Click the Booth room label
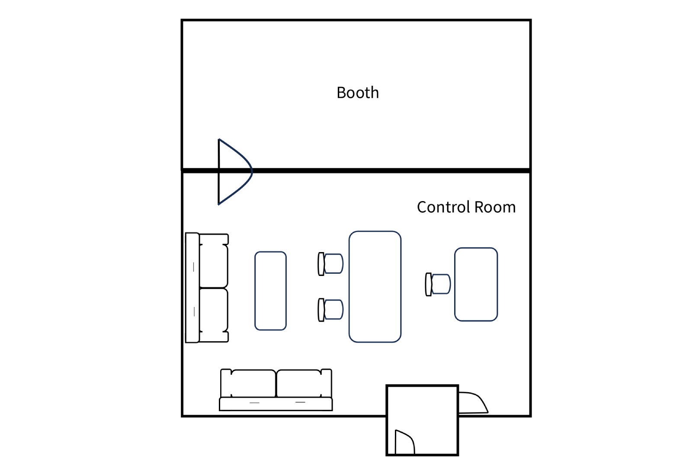pyautogui.click(x=358, y=93)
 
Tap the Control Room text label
pyautogui.click(x=466, y=207)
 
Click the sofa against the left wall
pyautogui.click(x=207, y=288)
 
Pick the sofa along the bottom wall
pyautogui.click(x=276, y=390)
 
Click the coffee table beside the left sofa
pyautogui.click(x=270, y=291)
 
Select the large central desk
pyautogui.click(x=375, y=287)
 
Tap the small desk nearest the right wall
pyautogui.click(x=476, y=284)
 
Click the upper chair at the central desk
pyautogui.click(x=330, y=264)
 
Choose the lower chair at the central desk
pyautogui.click(x=330, y=310)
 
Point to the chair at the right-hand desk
pyautogui.click(x=438, y=284)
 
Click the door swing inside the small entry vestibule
pyautogui.click(x=405, y=442)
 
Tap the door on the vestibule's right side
pyautogui.click(x=473, y=403)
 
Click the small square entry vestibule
pyautogui.click(x=422, y=420)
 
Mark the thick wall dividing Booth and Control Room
pyautogui.click(x=356, y=171)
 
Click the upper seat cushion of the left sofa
pyautogui.click(x=214, y=266)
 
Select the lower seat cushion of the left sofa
pyautogui.click(x=214, y=310)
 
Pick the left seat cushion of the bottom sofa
pyautogui.click(x=253, y=384)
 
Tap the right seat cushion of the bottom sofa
pyautogui.click(x=299, y=384)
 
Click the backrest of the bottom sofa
pyautogui.click(x=276, y=404)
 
